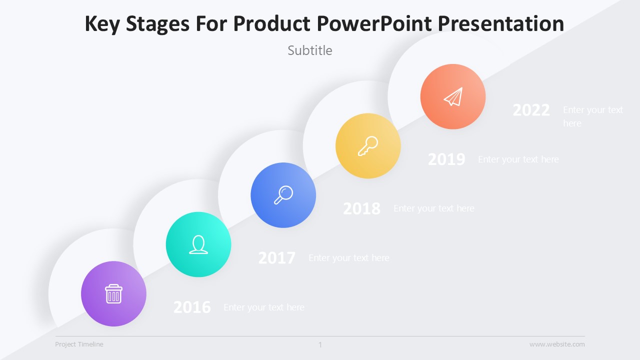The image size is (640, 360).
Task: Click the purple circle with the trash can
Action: click(x=113, y=294)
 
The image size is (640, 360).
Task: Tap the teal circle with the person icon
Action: click(x=198, y=244)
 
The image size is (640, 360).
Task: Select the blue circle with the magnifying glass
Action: click(x=283, y=195)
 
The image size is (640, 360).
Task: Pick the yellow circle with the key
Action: click(x=368, y=146)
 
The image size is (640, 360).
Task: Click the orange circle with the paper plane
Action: click(x=453, y=96)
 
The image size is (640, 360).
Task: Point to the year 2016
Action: click(x=192, y=307)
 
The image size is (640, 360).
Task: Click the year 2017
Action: click(x=276, y=258)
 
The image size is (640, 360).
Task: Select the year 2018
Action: click(x=361, y=208)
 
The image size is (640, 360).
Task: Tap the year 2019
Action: click(x=446, y=159)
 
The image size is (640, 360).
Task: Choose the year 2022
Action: click(x=531, y=110)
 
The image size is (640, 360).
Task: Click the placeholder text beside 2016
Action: click(x=264, y=307)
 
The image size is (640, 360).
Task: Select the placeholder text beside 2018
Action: click(x=434, y=208)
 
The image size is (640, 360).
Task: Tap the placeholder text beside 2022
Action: click(x=593, y=116)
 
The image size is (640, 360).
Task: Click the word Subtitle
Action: click(x=310, y=50)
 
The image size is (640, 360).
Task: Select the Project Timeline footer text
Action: click(x=79, y=344)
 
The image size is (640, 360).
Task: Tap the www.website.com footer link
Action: click(x=557, y=344)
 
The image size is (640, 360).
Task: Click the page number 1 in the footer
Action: click(x=320, y=344)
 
